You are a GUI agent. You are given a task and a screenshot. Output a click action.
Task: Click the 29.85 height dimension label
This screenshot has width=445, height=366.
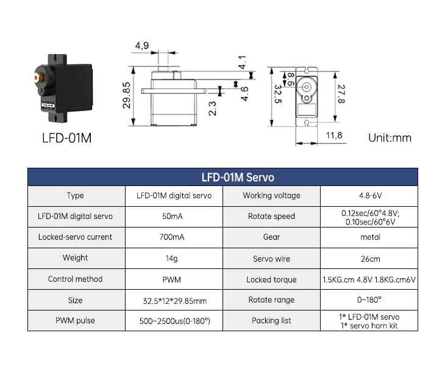tap(127, 95)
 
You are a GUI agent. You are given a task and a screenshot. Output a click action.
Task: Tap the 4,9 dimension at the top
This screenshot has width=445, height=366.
tap(142, 45)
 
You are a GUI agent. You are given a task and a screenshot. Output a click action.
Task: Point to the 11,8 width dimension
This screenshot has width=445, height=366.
tap(334, 135)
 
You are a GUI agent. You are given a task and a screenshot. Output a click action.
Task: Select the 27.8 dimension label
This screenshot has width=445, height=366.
tap(341, 94)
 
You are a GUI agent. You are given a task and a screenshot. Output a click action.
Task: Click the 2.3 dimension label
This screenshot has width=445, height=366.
tap(212, 109)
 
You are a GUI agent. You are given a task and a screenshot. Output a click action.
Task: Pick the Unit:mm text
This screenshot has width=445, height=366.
tap(390, 138)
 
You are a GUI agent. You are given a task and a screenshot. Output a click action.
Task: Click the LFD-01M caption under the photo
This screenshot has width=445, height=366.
tap(66, 138)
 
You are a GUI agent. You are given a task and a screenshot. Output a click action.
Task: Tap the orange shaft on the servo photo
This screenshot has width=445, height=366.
tap(37, 77)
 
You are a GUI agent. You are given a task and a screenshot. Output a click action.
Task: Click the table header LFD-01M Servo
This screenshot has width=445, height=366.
tap(238, 177)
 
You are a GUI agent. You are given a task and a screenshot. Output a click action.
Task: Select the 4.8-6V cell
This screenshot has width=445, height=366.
tap(371, 196)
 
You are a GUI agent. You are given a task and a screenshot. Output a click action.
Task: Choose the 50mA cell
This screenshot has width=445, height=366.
tap(173, 217)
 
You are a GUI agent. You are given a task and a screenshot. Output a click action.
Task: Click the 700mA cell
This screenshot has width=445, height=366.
tap(172, 237)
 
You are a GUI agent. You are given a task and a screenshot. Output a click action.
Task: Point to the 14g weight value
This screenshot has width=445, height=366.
tap(172, 259)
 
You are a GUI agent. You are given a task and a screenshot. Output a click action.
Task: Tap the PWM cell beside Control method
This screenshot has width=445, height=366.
tap(172, 279)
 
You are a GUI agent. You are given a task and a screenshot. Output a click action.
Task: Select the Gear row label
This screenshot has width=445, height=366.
tap(271, 237)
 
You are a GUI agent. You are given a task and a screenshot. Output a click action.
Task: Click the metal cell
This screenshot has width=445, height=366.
tap(371, 237)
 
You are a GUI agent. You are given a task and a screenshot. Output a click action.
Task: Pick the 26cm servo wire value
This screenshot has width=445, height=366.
tap(371, 259)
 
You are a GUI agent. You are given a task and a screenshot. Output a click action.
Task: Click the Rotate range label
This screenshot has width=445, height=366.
tap(271, 300)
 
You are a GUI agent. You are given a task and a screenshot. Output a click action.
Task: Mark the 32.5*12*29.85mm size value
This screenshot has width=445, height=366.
tap(175, 301)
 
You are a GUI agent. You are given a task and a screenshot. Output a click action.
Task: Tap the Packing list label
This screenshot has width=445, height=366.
tap(271, 321)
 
